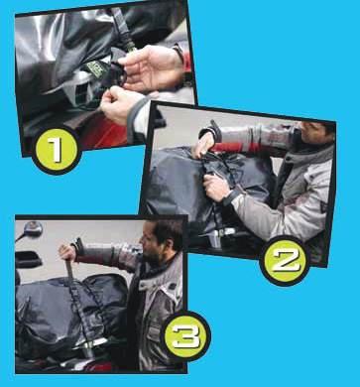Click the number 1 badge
(x=57, y=150)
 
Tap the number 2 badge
(x=285, y=261)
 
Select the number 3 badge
(x=185, y=336)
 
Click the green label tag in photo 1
(x=95, y=67)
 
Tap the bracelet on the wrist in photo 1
(x=180, y=53)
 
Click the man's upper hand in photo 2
(x=203, y=145)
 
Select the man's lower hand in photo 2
(x=216, y=188)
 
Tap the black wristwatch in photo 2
(x=231, y=196)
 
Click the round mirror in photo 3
(x=32, y=229)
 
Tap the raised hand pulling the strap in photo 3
(x=68, y=252)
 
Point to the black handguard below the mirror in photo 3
(x=29, y=260)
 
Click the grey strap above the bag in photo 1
(x=123, y=28)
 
